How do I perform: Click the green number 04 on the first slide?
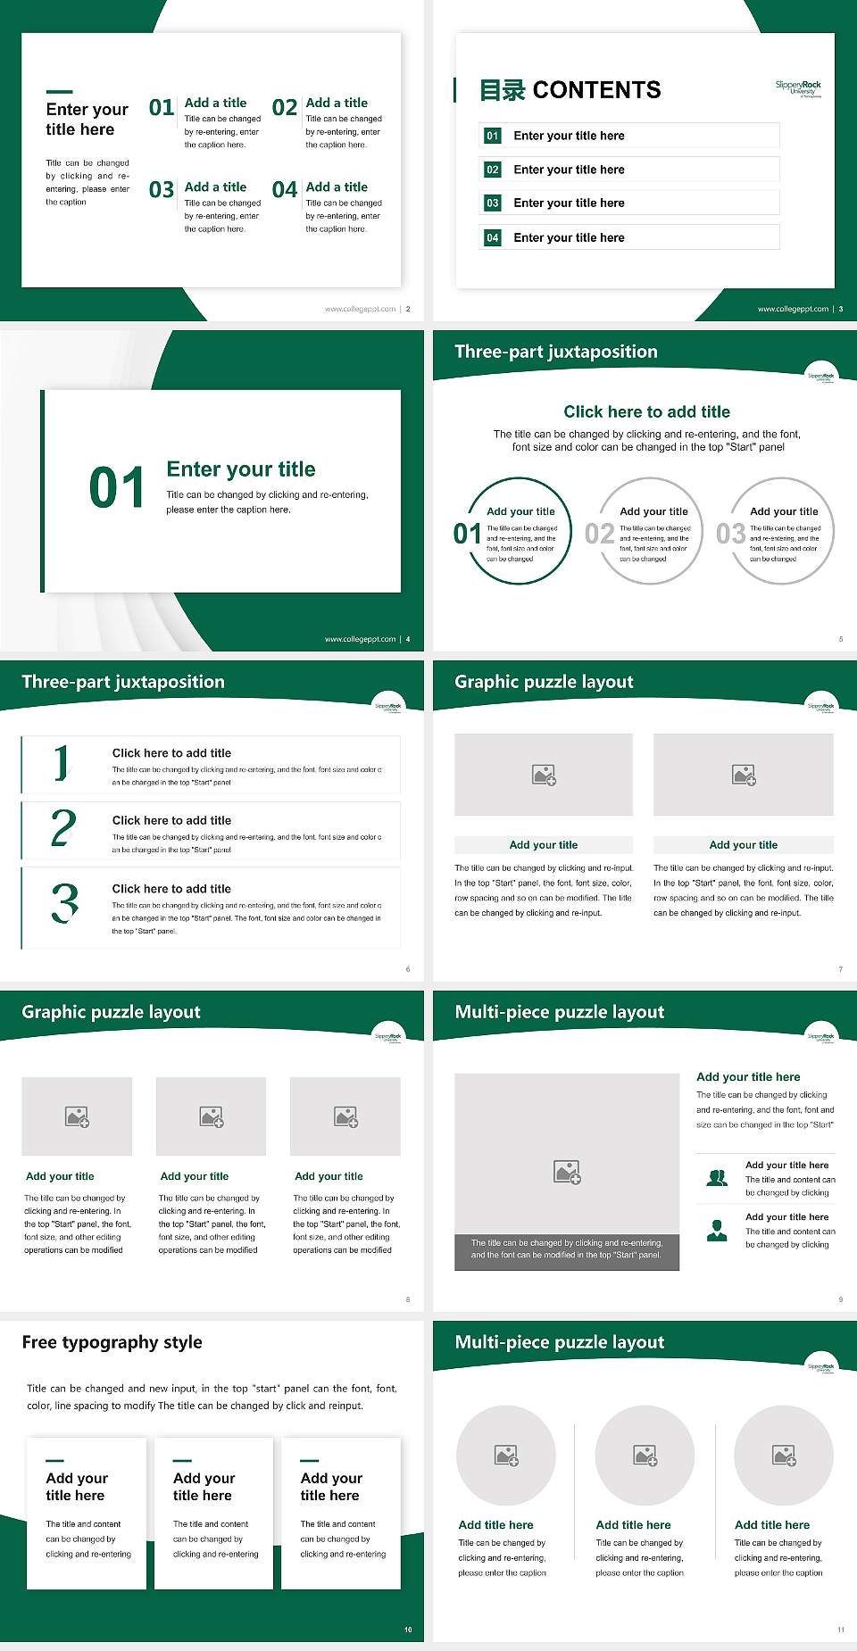point(285,190)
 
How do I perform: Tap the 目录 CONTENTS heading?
point(570,90)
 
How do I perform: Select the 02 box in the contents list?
point(493,170)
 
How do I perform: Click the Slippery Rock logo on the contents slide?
point(798,87)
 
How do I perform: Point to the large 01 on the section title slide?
point(116,488)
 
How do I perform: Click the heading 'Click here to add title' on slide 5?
point(646,411)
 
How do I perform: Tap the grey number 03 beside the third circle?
point(730,534)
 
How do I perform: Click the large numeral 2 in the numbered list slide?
point(63,829)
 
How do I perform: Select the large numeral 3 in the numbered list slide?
point(64,902)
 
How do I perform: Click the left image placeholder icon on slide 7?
point(544,775)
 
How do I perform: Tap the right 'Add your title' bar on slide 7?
point(743,845)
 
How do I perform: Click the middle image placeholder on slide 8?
point(212,1116)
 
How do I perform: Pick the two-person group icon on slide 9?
point(717,1178)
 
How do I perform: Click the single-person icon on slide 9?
point(717,1231)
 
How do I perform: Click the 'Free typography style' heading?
point(112,1342)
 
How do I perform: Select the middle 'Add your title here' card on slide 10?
point(213,1513)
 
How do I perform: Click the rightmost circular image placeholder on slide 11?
point(784,1456)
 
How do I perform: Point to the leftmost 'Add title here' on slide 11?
point(495,1525)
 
